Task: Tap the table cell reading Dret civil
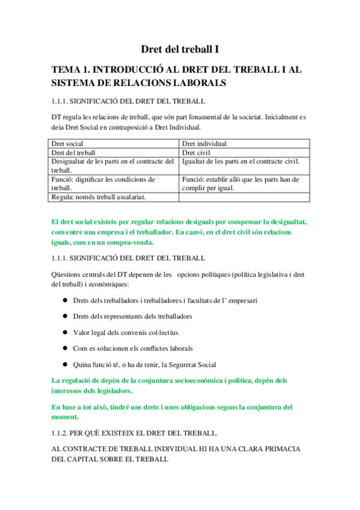pyautogui.click(x=196, y=153)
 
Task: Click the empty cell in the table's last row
pyautogui.click(x=244, y=197)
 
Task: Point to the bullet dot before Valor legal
pyautogui.click(x=64, y=333)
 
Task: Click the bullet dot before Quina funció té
pyautogui.click(x=64, y=365)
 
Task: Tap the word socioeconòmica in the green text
pyautogui.click(x=201, y=380)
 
